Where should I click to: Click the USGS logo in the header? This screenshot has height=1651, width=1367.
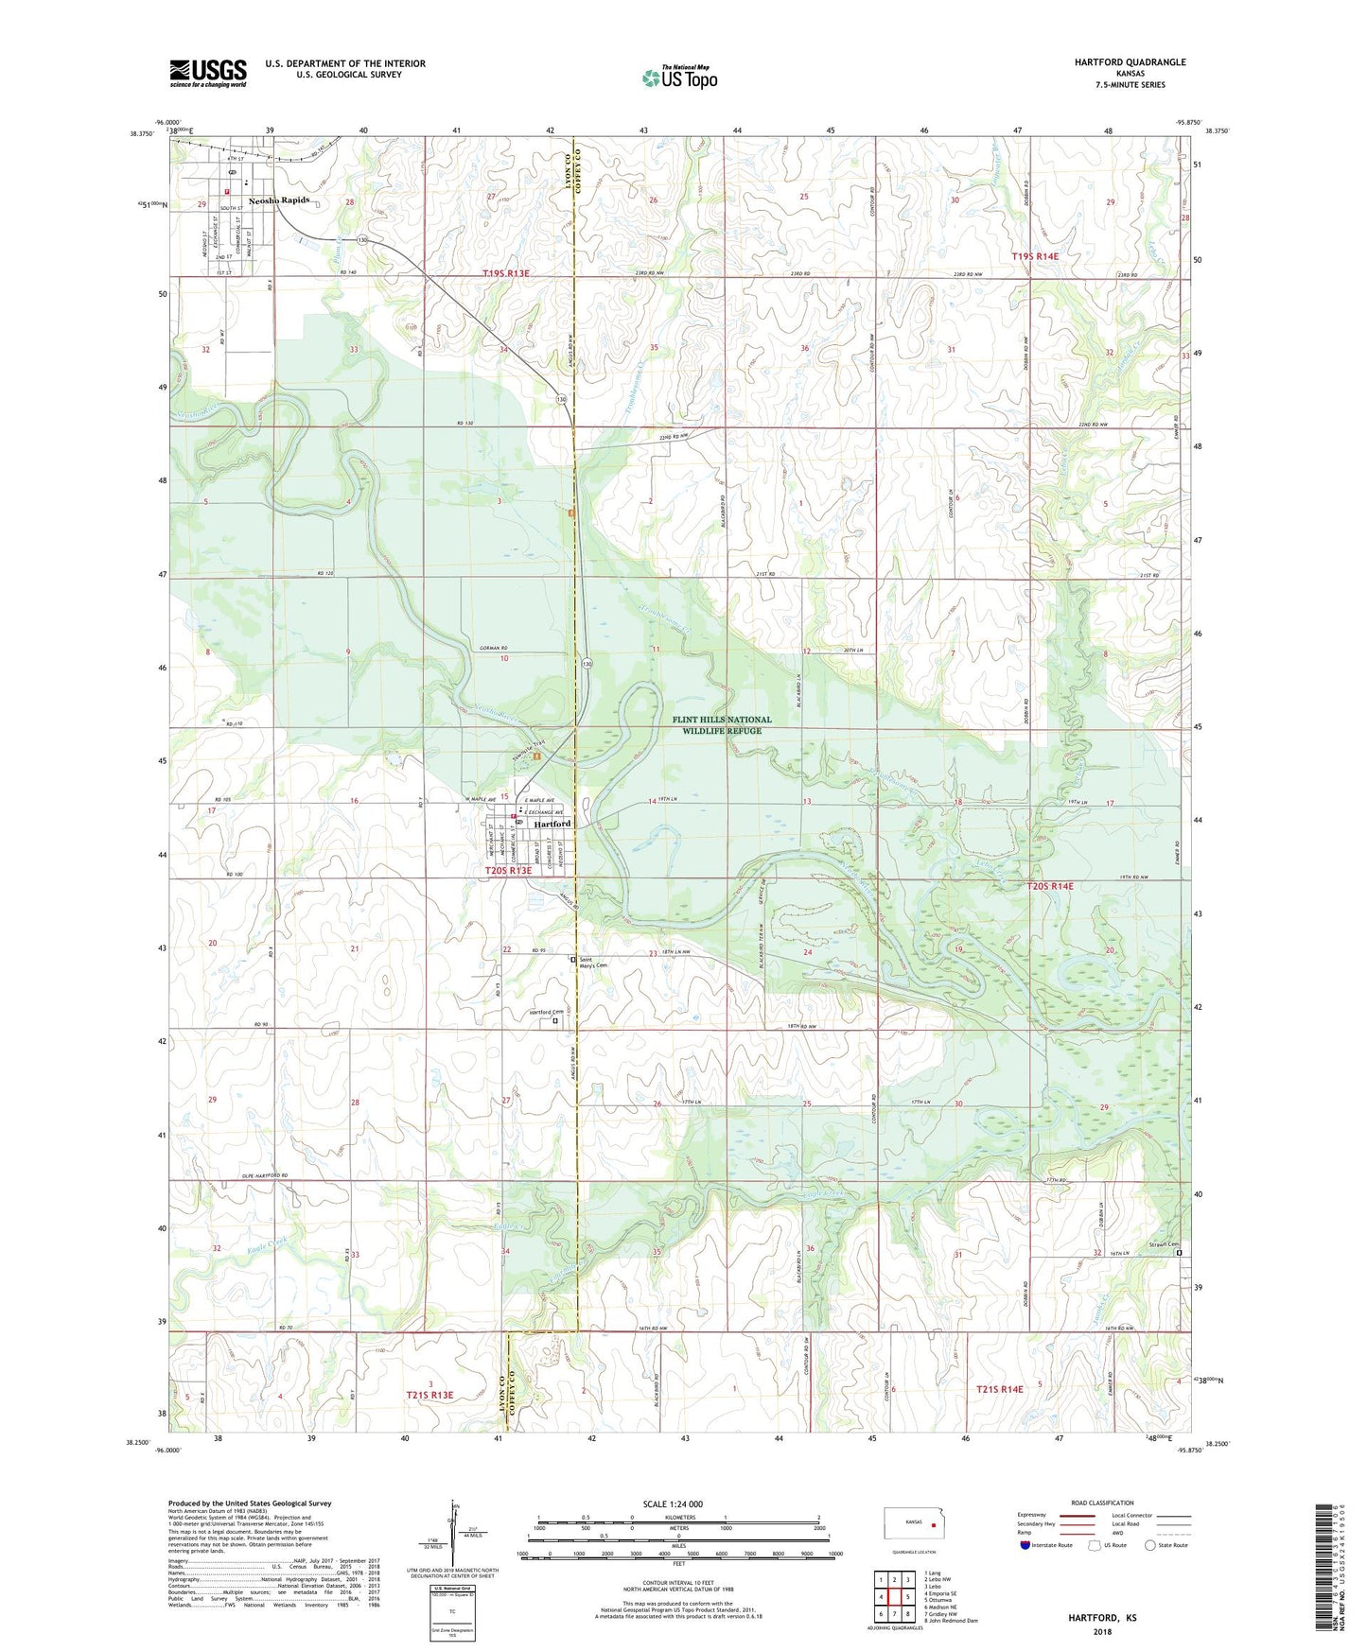click(207, 73)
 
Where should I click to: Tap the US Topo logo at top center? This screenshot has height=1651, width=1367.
click(679, 78)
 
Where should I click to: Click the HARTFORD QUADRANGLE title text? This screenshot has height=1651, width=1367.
click(1130, 62)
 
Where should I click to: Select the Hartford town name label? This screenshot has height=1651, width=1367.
click(552, 824)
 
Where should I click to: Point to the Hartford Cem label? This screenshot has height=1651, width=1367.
click(547, 1013)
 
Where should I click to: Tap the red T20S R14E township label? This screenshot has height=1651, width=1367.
click(1050, 886)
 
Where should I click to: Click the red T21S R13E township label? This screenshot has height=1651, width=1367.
click(430, 1395)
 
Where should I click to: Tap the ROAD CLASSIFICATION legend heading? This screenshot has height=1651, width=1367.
click(1103, 1503)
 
